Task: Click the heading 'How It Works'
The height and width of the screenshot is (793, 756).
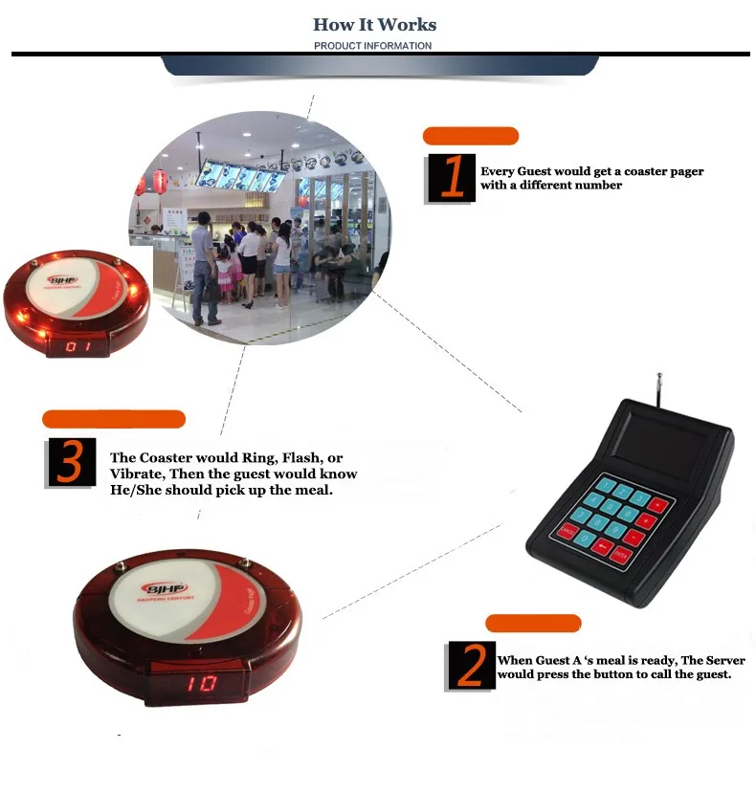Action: (374, 24)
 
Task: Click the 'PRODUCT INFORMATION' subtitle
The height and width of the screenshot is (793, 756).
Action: (372, 46)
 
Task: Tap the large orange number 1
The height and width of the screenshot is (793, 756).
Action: (453, 178)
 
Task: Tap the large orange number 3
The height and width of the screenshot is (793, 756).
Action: (71, 463)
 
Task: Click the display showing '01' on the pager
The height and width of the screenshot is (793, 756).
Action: (78, 346)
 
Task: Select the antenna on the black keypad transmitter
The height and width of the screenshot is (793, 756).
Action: (658, 388)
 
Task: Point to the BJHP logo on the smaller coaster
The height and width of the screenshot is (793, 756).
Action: (59, 282)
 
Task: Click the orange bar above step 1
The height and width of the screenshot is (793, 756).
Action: (470, 136)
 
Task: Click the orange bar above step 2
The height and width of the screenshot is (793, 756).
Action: (533, 624)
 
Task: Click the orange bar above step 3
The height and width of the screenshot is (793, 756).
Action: (113, 419)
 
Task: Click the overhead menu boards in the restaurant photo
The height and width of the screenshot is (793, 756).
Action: (239, 177)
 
